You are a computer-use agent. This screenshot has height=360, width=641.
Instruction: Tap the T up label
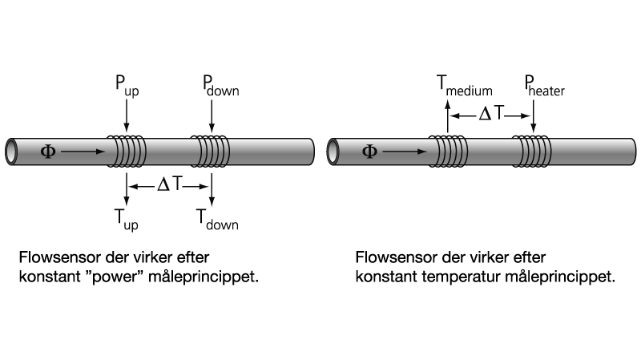pos(127,219)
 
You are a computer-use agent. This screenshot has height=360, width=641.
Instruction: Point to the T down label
pos(216,219)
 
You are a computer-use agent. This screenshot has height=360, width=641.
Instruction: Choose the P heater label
pos(545,87)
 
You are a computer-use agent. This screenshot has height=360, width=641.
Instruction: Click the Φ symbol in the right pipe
pos(369,150)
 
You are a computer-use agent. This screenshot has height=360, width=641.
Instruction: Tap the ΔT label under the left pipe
pos(169,185)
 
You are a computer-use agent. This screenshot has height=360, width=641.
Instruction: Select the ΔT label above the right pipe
pos(490,115)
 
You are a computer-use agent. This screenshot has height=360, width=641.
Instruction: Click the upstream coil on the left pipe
pos(127,150)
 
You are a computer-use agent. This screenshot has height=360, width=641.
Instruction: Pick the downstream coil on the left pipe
pos(210,150)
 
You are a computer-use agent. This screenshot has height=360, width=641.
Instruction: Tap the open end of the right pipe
pos(335,150)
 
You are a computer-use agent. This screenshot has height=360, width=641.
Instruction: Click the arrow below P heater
pos(534,115)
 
